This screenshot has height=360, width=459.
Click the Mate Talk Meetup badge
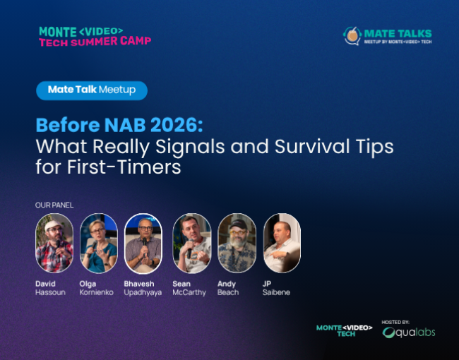92,90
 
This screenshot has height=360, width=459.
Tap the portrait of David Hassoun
54,243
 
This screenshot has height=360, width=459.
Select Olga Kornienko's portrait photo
99,243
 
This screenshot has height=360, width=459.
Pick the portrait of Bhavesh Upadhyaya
143,243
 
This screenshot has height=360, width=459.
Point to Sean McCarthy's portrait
192,243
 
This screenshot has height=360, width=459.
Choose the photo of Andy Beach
237,243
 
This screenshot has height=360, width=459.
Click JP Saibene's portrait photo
282,243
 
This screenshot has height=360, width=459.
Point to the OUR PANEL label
54,205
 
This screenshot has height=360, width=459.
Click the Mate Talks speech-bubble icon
352,35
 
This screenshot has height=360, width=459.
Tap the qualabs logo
409,332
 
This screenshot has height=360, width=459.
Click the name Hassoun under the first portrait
49,292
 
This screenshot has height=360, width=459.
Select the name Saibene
276,292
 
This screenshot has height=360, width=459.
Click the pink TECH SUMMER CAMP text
95,41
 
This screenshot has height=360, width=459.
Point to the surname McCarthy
189,292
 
